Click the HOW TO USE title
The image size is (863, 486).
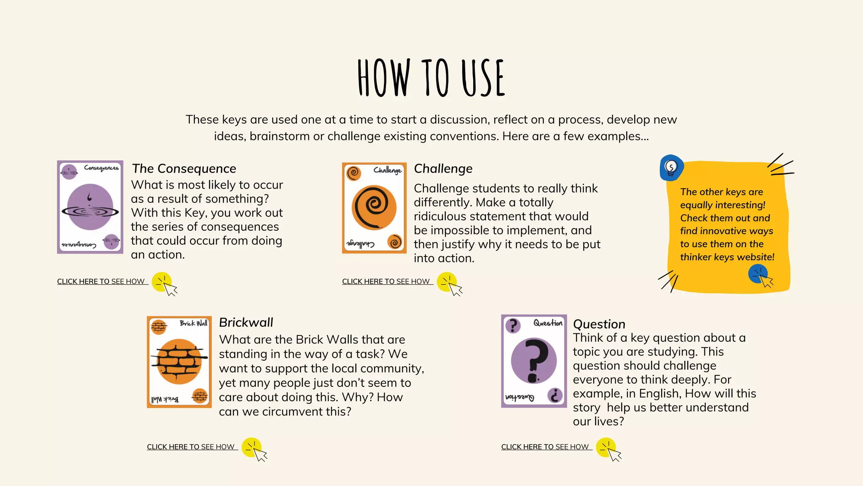point(431,78)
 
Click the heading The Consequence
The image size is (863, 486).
point(184,169)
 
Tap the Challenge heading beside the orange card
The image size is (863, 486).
point(443,169)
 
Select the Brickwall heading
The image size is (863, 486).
point(246,323)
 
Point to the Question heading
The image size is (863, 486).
point(599,324)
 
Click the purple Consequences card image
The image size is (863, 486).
point(90,207)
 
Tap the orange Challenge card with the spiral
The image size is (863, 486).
point(374,208)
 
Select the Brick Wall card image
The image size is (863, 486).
point(179,362)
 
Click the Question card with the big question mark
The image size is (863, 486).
point(534,361)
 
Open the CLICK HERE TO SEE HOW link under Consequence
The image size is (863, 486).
point(101,281)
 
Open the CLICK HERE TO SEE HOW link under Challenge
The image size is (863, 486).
point(386,281)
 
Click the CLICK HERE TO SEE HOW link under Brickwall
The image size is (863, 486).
point(191,447)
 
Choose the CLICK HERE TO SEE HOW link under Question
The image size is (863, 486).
point(545,447)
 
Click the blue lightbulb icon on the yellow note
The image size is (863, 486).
point(671,167)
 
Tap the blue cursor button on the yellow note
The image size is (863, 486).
point(759,275)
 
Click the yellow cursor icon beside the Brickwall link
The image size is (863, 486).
point(253,449)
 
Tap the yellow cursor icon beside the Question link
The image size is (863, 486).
point(608,449)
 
